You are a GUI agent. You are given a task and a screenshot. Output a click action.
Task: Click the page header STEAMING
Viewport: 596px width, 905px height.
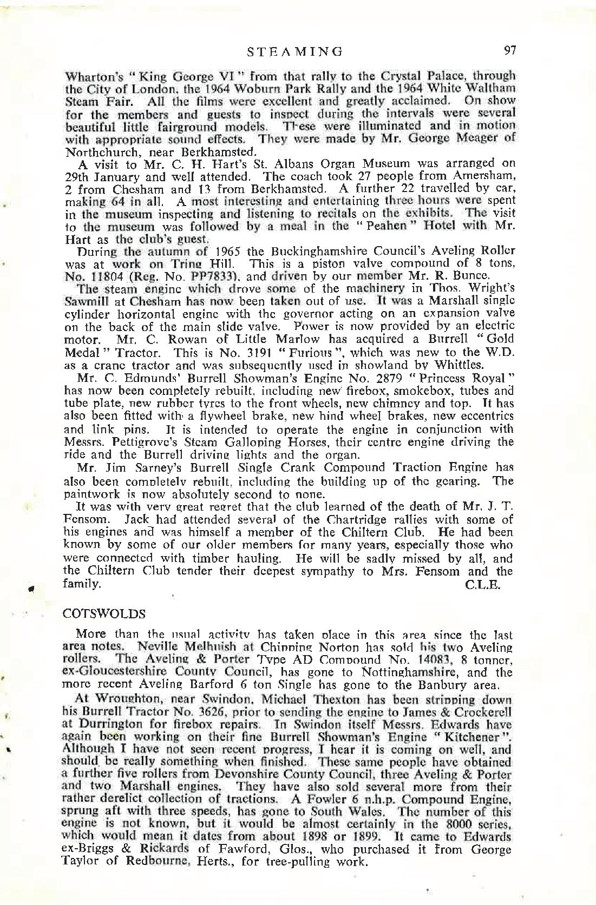[x=295, y=51]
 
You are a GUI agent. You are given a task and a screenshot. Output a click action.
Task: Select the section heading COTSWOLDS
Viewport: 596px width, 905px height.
[x=104, y=614]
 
